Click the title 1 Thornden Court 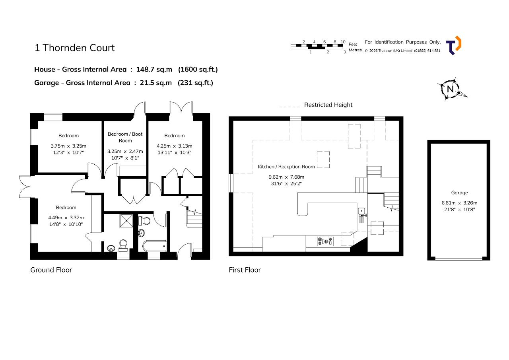pos(74,48)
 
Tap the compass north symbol pos(451,89)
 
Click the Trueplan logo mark pos(454,45)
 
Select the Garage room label pos(459,193)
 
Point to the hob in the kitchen pos(325,241)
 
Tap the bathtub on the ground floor pos(155,246)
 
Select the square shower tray pos(126,220)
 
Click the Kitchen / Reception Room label pos(286,167)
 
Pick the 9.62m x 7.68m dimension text pos(286,177)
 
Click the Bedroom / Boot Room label pos(125,137)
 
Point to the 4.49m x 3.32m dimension pos(66,218)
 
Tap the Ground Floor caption pos(51,270)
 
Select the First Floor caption pos(245,270)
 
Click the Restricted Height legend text pos(328,105)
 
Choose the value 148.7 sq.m pos(154,69)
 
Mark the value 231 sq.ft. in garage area pos(195,83)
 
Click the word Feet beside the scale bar pos(353,44)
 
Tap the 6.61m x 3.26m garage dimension pos(459,203)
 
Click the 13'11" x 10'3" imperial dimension pos(174,152)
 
